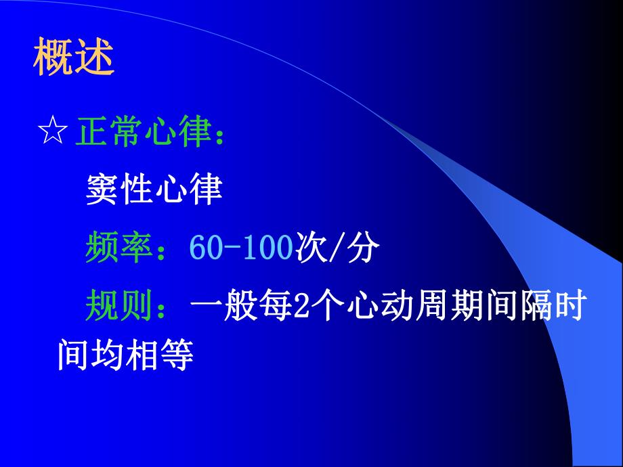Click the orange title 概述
pos(73,60)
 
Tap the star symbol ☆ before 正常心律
pos(53,133)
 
